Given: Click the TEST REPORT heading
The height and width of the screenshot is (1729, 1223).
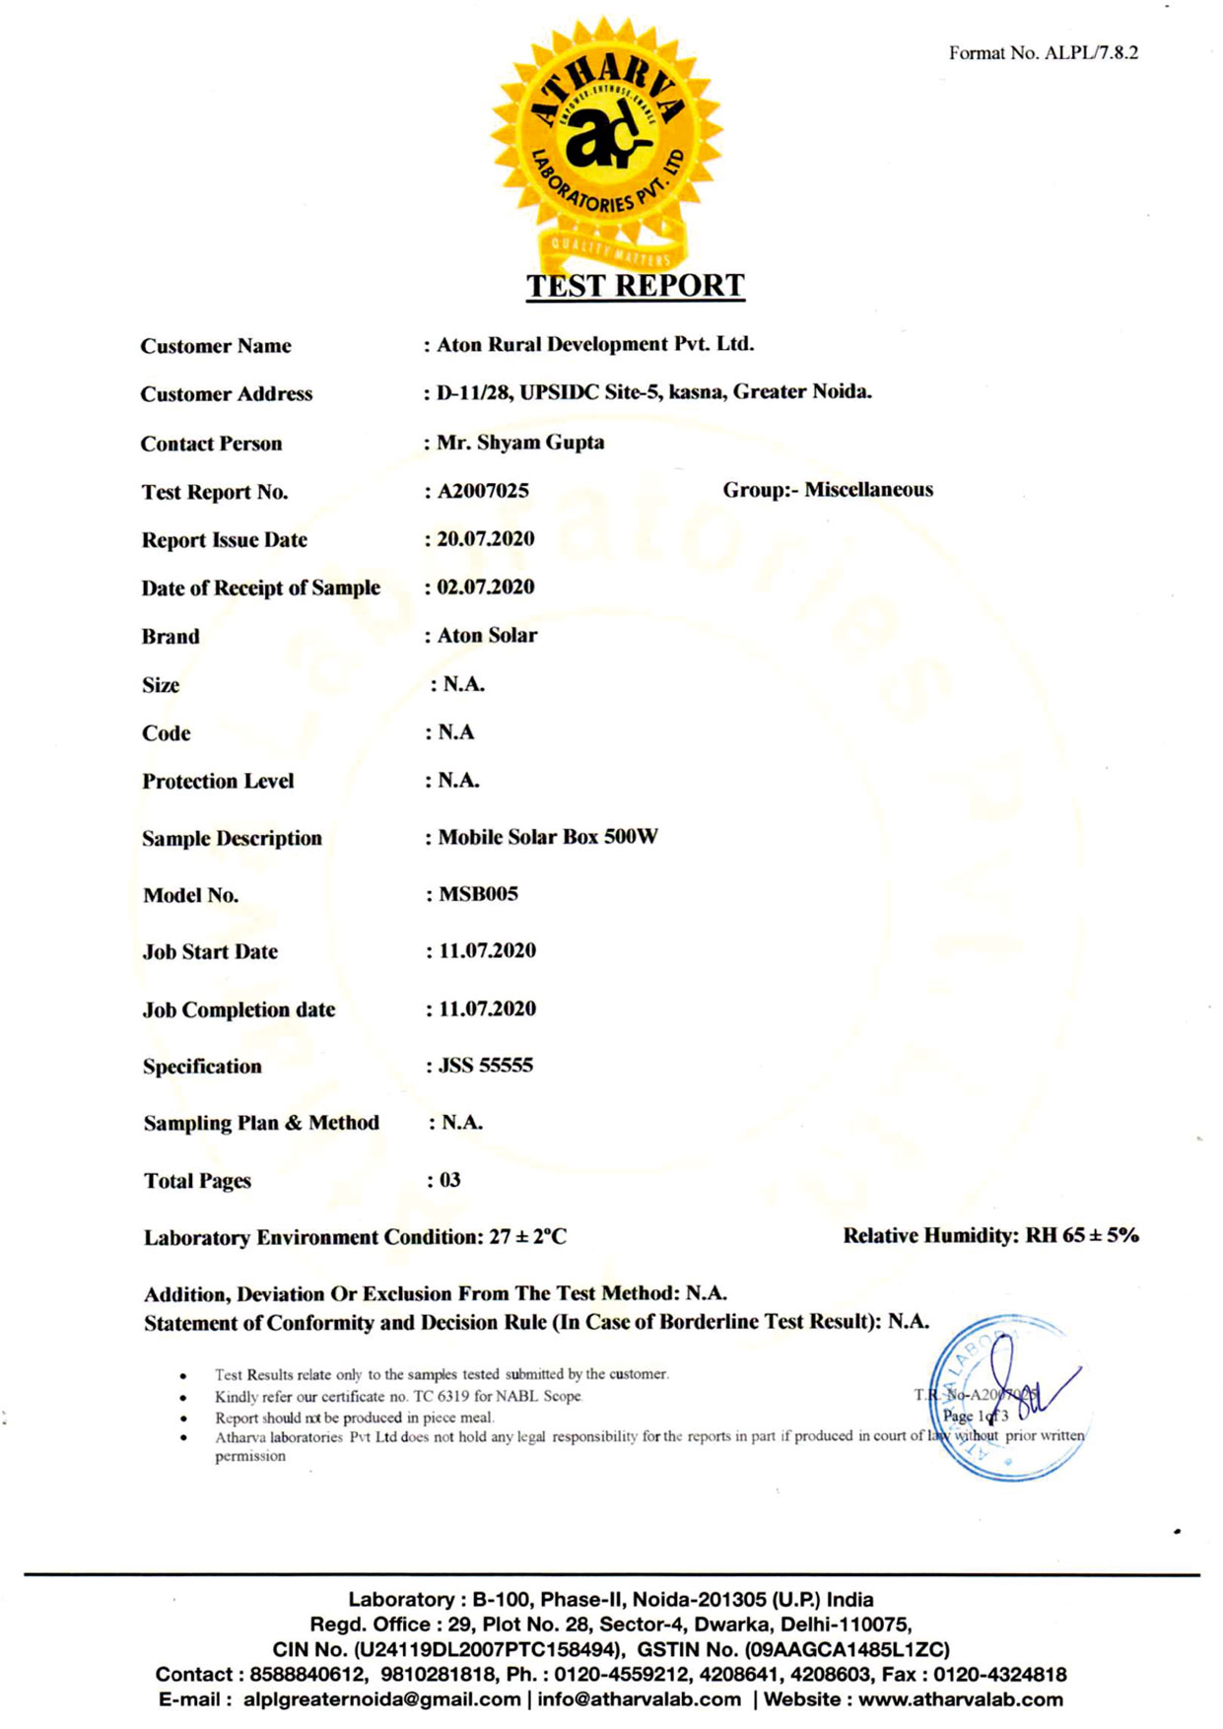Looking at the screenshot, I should click(635, 286).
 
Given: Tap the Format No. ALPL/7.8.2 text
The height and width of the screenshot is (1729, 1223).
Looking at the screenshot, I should click(1043, 53).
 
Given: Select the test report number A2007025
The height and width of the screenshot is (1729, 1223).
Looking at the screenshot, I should click(483, 491).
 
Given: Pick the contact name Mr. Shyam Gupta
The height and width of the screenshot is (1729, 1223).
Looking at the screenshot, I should click(520, 443).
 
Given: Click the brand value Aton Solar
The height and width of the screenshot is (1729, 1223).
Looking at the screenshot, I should click(487, 636).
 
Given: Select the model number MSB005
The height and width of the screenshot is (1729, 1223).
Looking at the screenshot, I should click(478, 894).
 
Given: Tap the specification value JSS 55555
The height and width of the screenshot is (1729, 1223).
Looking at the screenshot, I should click(485, 1066).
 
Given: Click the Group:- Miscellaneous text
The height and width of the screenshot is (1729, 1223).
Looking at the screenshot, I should click(828, 490).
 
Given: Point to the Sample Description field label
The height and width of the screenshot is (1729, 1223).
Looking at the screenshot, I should click(232, 839).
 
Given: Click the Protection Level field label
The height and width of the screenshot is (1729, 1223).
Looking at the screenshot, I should click(218, 782).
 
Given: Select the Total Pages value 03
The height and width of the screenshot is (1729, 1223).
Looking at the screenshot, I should click(449, 1180).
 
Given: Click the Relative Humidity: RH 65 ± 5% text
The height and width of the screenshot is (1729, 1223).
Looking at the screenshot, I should click(990, 1236).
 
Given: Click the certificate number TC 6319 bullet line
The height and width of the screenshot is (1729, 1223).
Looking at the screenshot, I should click(398, 1397).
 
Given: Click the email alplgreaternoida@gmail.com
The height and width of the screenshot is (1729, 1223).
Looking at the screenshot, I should click(381, 1699).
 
